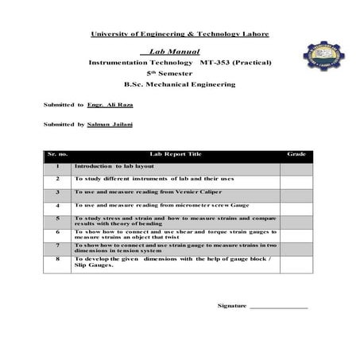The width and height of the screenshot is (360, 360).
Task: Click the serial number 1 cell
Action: [57, 167]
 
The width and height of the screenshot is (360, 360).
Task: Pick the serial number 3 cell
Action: [57, 192]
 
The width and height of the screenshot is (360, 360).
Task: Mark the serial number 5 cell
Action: [57, 219]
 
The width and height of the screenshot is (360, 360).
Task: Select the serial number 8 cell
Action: [57, 260]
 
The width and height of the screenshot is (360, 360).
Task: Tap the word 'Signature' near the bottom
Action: [232, 305]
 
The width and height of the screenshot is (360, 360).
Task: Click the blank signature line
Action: [279, 307]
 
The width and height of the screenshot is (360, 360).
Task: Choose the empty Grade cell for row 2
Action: [296, 180]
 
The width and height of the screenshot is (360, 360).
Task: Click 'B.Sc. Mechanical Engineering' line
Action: [179, 83]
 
